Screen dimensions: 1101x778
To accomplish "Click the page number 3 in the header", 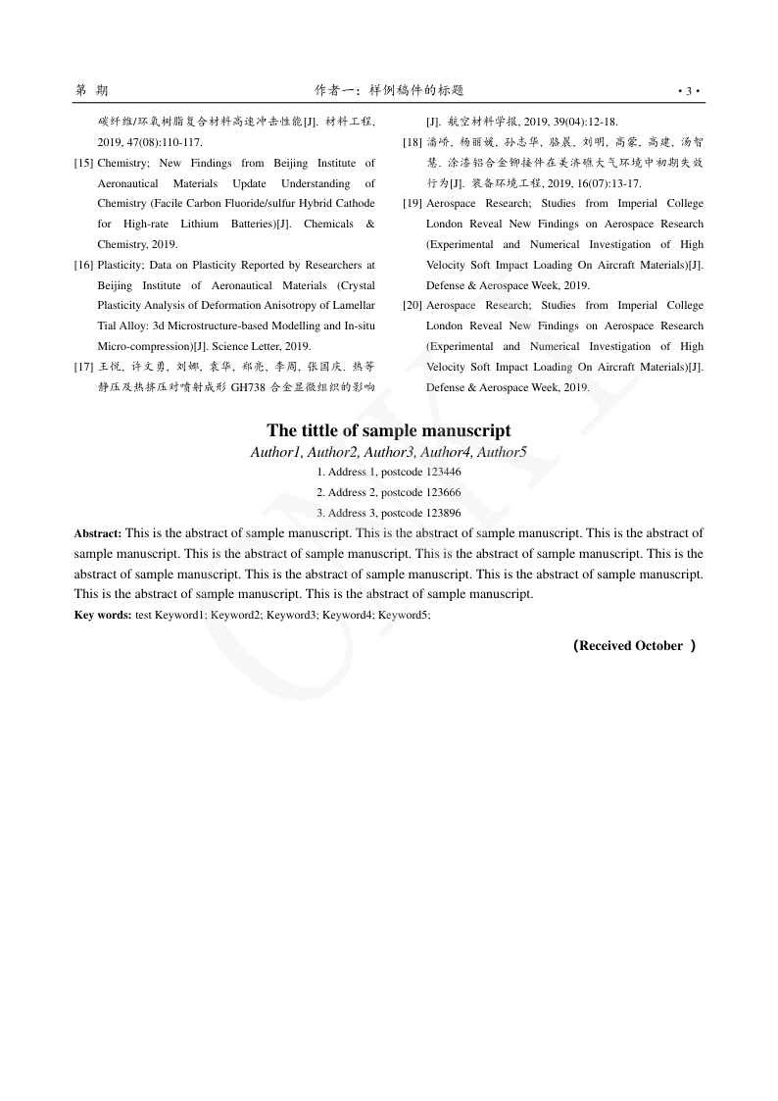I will point(689,91).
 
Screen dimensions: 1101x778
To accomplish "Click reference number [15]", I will point(83,163).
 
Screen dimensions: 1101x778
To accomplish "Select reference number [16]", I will point(83,265).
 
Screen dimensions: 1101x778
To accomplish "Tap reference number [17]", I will point(83,367).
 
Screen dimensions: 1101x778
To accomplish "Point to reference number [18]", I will point(413,142).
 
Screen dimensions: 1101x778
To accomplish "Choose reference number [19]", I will point(413,204).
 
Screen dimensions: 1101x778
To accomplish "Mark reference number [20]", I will point(413,306).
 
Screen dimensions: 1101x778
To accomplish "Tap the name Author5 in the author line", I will point(502,452).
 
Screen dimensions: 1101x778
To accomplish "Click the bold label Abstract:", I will point(98,533).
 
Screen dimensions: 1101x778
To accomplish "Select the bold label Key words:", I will point(103,615).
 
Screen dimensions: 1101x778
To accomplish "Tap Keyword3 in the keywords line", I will point(292,615).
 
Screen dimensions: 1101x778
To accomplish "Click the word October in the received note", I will point(658,645).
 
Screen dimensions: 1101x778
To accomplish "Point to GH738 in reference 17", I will point(248,387).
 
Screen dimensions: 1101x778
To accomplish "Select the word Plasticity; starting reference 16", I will point(121,265).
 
